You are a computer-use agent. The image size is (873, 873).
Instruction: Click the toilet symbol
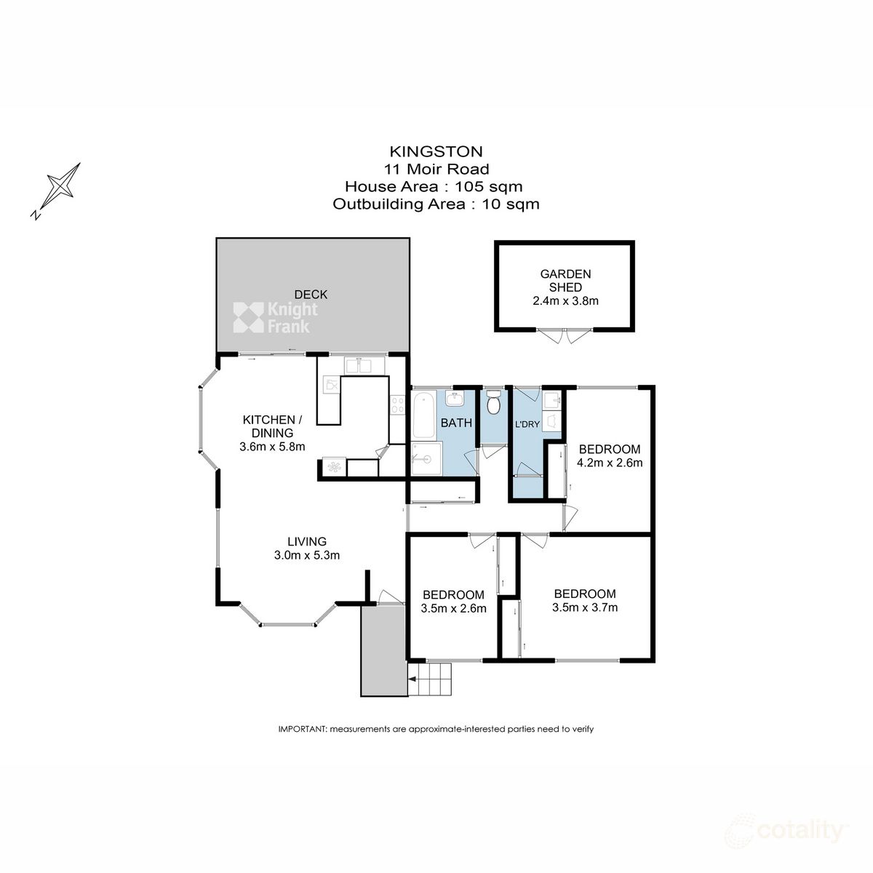point(494,402)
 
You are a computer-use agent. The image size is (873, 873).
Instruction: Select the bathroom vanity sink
point(454,399)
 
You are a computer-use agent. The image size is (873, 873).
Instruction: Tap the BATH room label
point(456,423)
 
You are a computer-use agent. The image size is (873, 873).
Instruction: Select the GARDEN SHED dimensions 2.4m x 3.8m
point(565,300)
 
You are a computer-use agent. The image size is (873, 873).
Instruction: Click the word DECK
point(311,294)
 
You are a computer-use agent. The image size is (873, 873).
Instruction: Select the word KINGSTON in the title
point(436,151)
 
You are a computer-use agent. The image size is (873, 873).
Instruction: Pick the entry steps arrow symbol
point(413,680)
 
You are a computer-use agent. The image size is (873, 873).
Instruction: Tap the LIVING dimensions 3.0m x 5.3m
point(306,555)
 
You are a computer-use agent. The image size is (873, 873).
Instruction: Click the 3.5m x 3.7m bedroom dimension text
point(585,607)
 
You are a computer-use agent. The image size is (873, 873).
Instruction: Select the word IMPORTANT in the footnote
point(303,729)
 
